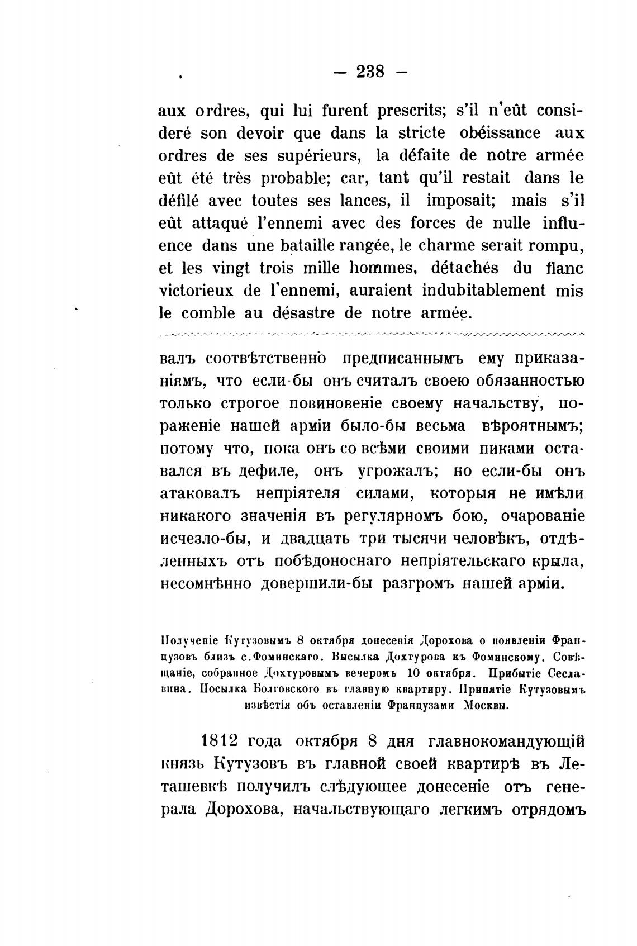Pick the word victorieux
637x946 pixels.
[x=196, y=291]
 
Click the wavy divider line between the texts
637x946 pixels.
[x=372, y=335]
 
